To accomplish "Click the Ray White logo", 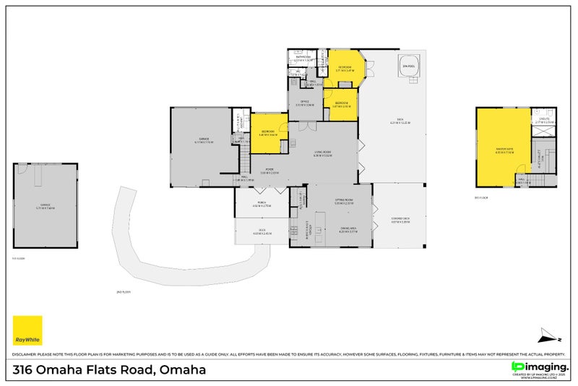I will click(x=27, y=330).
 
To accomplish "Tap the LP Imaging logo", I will click(x=539, y=369).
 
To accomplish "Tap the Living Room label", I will click(x=322, y=153).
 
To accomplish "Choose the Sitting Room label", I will click(x=343, y=202).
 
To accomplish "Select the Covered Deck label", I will click(x=400, y=220).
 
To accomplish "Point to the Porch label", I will click(x=262, y=205).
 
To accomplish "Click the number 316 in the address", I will click(x=25, y=370).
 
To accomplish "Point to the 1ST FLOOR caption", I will click(x=19, y=258).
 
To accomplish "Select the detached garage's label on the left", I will click(x=45, y=206).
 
